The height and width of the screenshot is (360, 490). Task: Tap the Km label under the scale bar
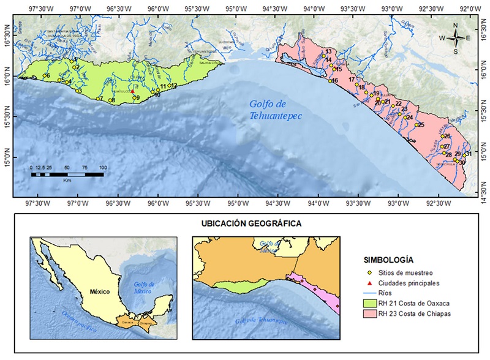(67, 181)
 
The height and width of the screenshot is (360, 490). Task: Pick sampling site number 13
(323, 55)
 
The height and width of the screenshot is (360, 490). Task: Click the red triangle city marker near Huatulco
(132, 91)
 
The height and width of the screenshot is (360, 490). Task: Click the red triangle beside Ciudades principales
(369, 283)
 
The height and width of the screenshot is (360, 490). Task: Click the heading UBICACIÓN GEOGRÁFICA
(251, 224)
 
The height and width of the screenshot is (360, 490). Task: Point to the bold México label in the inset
(99, 292)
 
